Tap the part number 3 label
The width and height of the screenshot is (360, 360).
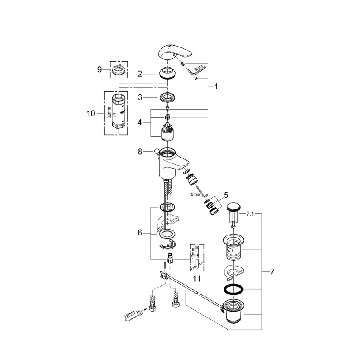pyautogui.click(x=140, y=97)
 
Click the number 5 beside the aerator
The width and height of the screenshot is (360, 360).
pyautogui.click(x=226, y=196)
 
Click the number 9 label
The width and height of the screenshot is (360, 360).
pyautogui.click(x=100, y=69)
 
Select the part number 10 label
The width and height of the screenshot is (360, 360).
pyautogui.click(x=91, y=113)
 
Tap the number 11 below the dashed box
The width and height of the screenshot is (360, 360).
pyautogui.click(x=196, y=278)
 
